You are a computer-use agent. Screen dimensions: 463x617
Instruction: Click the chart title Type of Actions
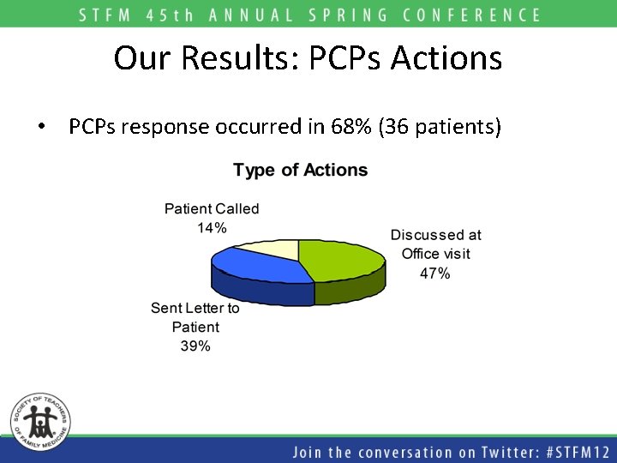pyautogui.click(x=300, y=170)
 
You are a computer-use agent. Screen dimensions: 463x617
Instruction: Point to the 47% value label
pyautogui.click(x=435, y=274)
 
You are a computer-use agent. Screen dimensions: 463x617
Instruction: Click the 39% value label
pyautogui.click(x=195, y=346)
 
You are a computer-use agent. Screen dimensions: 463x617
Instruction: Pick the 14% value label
pyautogui.click(x=212, y=227)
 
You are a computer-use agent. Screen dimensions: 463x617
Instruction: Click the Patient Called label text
pyautogui.click(x=212, y=208)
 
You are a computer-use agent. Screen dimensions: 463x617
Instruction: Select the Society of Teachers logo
pyautogui.click(x=40, y=420)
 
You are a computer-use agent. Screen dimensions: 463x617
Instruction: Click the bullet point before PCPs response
pyautogui.click(x=41, y=128)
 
